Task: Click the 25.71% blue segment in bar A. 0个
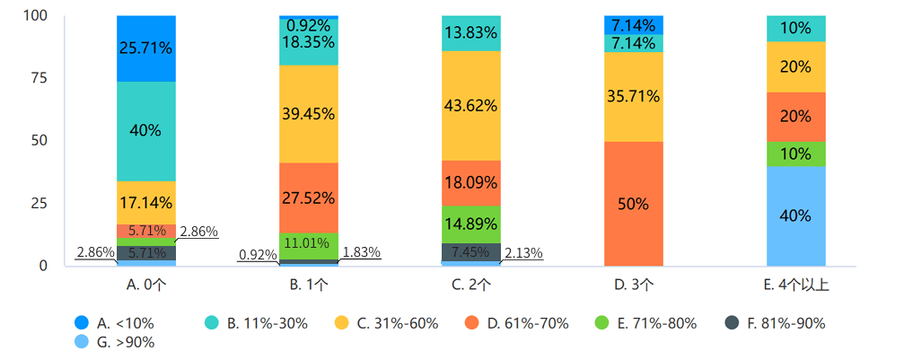(145, 48)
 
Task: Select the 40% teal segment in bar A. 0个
(145, 131)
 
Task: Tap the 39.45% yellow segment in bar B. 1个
(308, 114)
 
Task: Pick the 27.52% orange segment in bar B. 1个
(308, 198)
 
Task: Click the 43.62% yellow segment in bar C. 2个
(470, 105)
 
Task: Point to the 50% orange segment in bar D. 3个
(633, 204)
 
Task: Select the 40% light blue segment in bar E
(796, 216)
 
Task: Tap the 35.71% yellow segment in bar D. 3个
(633, 97)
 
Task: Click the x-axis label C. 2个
(470, 286)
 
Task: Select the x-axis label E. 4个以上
(796, 286)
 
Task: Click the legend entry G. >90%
(115, 342)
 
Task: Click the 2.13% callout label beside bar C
(523, 253)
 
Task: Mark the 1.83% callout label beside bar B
(361, 253)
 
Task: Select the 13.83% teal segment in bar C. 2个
(470, 33)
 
